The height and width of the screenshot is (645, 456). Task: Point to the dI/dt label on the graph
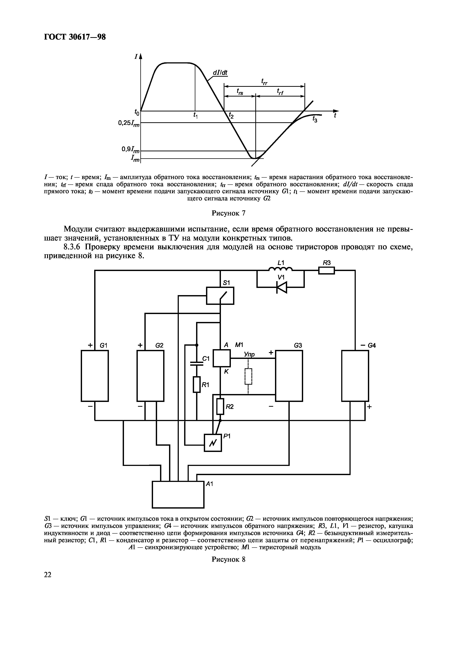point(220,73)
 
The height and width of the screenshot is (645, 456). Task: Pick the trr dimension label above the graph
point(264,82)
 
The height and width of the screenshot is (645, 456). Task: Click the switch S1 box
point(220,295)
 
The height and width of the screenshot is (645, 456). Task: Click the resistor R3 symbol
point(327,270)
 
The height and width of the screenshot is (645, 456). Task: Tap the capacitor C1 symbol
point(197,364)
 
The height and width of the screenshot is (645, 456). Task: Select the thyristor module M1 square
point(222,358)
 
